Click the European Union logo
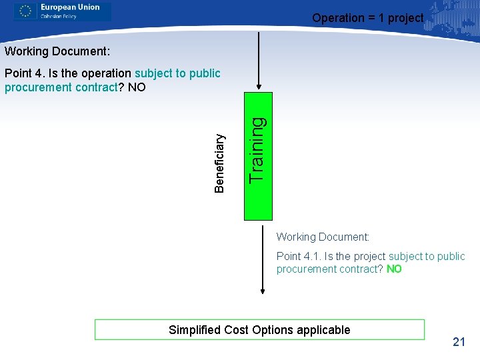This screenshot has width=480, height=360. (x=63, y=11)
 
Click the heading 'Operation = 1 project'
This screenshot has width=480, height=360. (x=367, y=18)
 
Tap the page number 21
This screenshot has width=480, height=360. (x=459, y=342)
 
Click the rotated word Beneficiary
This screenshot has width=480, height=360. (x=220, y=163)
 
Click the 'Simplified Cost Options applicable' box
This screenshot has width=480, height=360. (x=259, y=329)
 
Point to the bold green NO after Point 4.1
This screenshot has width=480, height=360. (x=394, y=269)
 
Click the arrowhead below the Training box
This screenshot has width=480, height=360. (x=263, y=290)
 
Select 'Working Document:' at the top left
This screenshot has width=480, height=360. (x=57, y=51)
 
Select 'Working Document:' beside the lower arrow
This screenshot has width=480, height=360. (x=323, y=237)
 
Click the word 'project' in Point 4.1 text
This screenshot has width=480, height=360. (x=367, y=257)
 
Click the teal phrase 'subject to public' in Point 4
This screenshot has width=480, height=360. (x=177, y=73)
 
